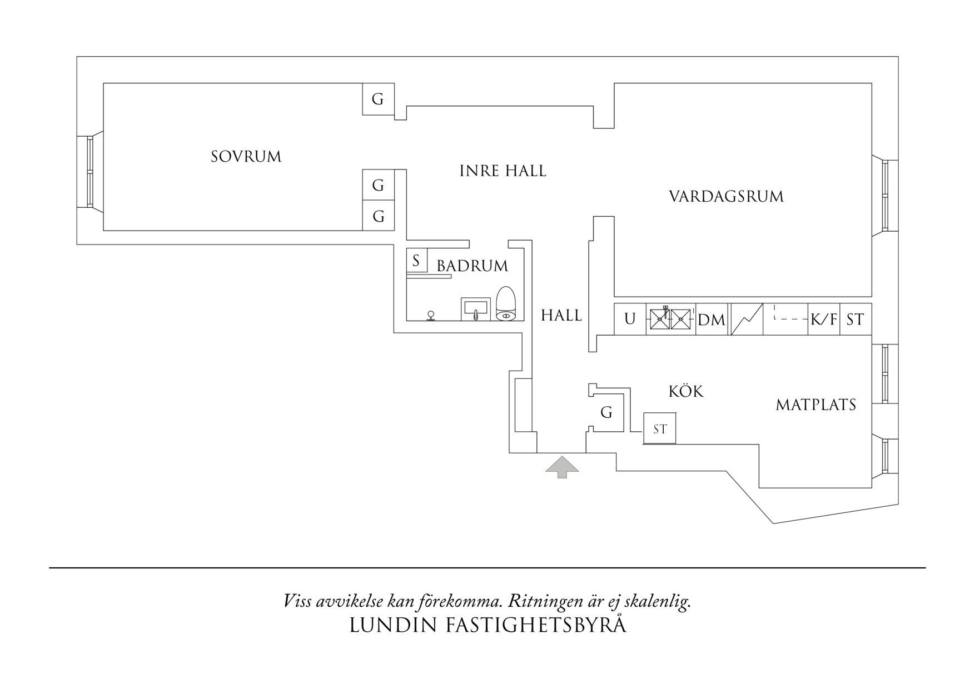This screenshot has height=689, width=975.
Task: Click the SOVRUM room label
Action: click(x=246, y=157)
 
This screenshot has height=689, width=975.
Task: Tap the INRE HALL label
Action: click(x=503, y=171)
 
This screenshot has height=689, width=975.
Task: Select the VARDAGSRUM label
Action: click(x=726, y=197)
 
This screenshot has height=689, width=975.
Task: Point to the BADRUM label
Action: click(x=472, y=266)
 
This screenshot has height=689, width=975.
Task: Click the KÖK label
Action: click(x=686, y=392)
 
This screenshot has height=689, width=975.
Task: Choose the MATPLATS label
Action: click(x=816, y=405)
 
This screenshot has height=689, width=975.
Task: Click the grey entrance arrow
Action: click(x=562, y=467)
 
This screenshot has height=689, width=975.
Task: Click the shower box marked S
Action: click(x=416, y=260)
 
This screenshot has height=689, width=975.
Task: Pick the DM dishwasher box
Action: click(x=712, y=320)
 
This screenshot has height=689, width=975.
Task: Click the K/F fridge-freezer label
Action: click(x=824, y=319)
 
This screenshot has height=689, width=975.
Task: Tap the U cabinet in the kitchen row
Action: click(x=630, y=319)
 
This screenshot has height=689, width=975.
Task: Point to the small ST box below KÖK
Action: click(x=660, y=429)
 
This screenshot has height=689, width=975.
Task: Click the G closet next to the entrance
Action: click(x=606, y=413)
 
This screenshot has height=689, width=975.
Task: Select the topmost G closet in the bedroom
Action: click(x=378, y=99)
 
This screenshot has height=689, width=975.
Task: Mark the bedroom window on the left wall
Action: click(x=89, y=172)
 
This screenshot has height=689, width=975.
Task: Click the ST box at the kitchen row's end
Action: click(x=855, y=319)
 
